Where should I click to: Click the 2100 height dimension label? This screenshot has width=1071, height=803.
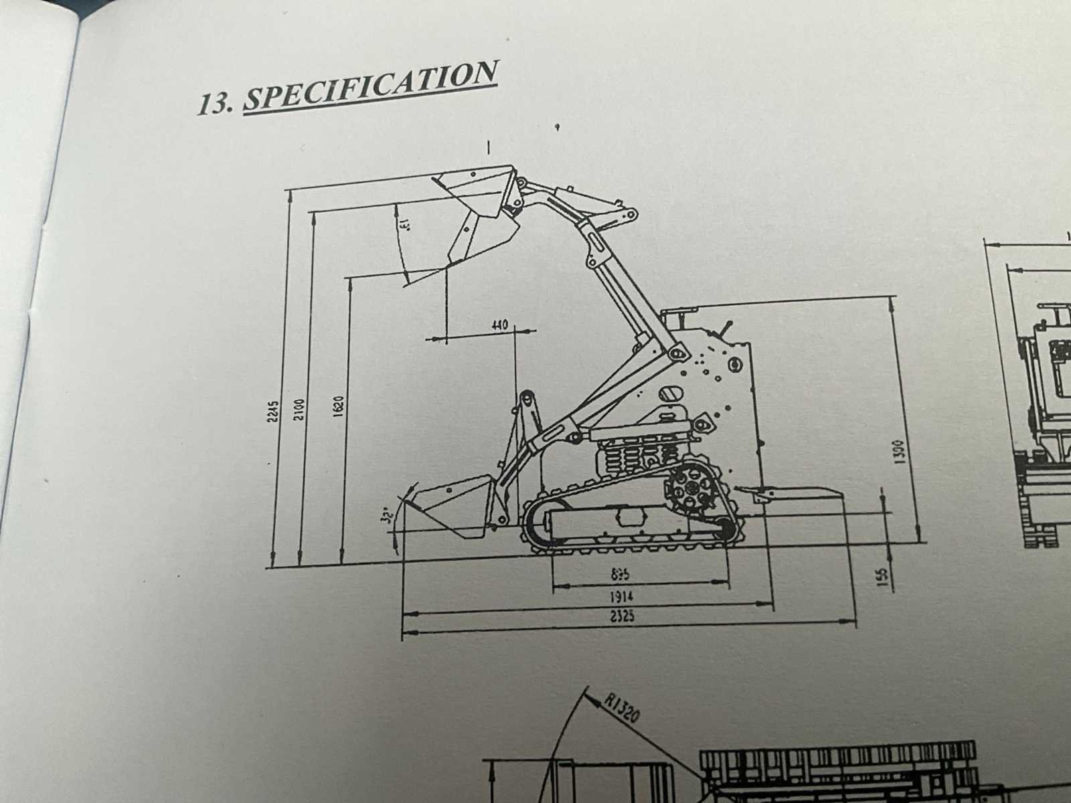point(299,409)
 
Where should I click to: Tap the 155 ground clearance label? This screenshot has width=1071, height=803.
point(882,577)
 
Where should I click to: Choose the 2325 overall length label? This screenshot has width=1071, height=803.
point(623,617)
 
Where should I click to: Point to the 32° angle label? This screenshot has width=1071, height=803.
point(386,516)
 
